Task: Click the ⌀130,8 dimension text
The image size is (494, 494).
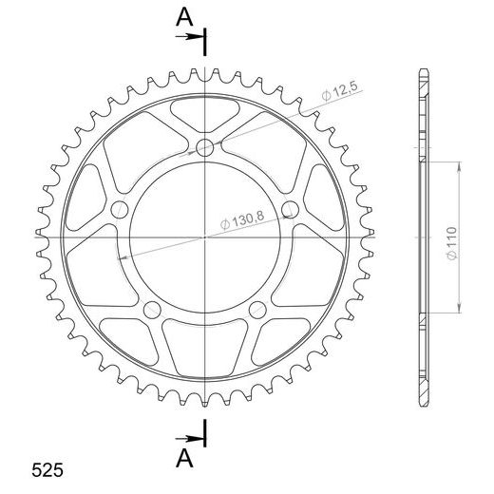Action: pos(242,219)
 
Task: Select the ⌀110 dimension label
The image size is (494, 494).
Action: pos(452,243)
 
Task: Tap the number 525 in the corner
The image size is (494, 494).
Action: pos(47,470)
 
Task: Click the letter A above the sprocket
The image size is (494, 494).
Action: pos(184,17)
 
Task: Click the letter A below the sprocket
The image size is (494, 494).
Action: pos(184,459)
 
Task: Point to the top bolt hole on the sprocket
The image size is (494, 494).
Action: pos(204,147)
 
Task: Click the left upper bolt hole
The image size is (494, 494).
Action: pos(120,209)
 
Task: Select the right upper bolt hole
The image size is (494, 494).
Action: pos(290,209)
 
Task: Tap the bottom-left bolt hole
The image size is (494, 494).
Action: pos(152,310)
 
